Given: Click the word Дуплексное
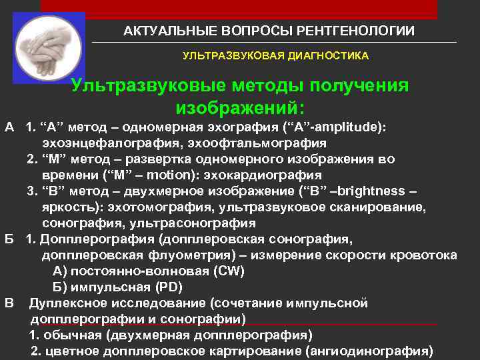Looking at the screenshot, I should pos(65,303).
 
